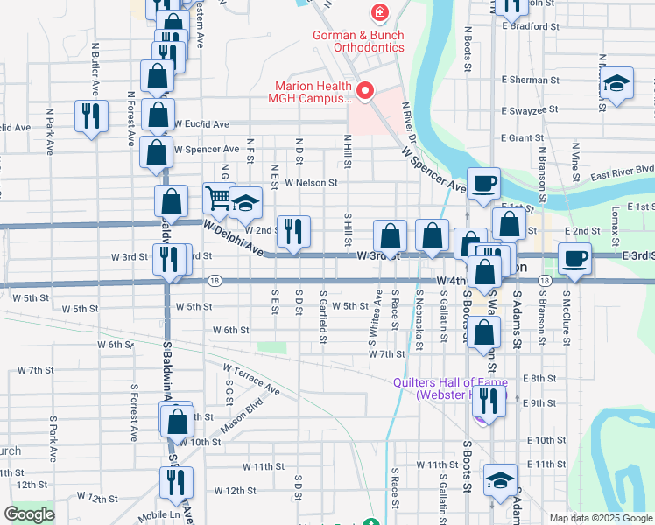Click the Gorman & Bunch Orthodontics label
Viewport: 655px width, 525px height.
coord(360,41)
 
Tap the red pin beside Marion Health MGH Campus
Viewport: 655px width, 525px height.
coord(364,89)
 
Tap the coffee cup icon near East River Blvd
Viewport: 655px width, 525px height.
coord(483,183)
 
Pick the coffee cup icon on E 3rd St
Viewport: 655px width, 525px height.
coord(574,258)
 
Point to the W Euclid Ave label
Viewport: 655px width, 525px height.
coord(202,123)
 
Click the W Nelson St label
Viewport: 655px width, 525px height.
coord(310,183)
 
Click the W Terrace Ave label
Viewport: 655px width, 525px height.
coord(250,380)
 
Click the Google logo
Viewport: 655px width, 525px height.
coord(29,514)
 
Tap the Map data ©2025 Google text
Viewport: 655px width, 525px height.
coord(600,518)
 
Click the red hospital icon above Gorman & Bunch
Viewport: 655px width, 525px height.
coord(379,12)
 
